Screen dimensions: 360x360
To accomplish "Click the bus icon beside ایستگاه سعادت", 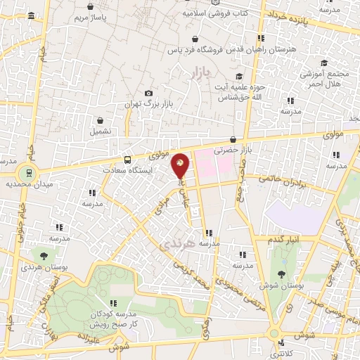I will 127,159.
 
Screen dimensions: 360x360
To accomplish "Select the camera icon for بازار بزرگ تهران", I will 148,94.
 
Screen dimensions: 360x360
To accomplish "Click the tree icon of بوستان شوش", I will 282,275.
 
